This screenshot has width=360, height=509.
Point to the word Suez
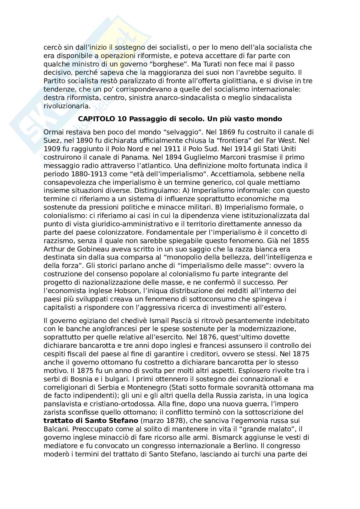52,141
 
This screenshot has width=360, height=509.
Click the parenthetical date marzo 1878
161,421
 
